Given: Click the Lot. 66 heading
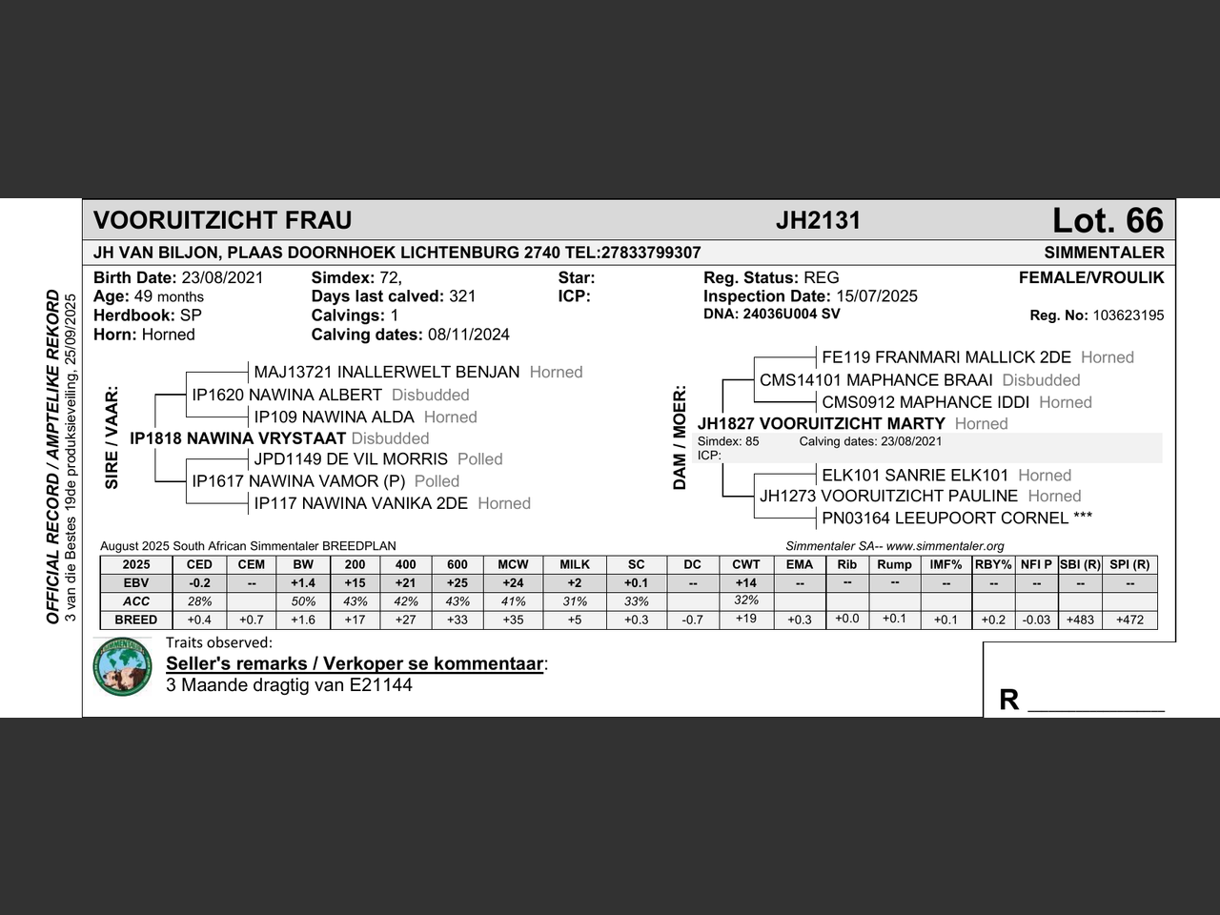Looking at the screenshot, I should pyautogui.click(x=1107, y=221).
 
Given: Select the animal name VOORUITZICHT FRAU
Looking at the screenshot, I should pyautogui.click(x=222, y=221).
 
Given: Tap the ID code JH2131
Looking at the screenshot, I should pyautogui.click(x=818, y=221).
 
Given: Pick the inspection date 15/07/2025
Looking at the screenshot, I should pyautogui.click(x=877, y=296).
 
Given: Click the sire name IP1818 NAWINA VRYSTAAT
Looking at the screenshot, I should pyautogui.click(x=237, y=438).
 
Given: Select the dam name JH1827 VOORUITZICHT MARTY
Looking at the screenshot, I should pyautogui.click(x=821, y=423).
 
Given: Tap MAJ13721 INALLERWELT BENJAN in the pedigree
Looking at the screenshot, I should pyautogui.click(x=386, y=372).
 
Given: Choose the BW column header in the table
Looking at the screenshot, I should pyautogui.click(x=303, y=564).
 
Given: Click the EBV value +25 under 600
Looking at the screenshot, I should pyautogui.click(x=457, y=582).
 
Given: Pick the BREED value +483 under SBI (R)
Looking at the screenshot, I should pyautogui.click(x=1080, y=620).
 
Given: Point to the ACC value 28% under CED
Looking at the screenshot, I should pyautogui.click(x=199, y=601).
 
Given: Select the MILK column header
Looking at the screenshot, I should pyautogui.click(x=575, y=564).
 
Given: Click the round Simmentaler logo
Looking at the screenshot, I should pyautogui.click(x=123, y=666).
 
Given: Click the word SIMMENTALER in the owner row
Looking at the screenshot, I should pyautogui.click(x=1104, y=253).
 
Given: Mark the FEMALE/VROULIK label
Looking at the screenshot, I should pyautogui.click(x=1090, y=278).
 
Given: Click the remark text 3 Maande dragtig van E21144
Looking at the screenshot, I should pyautogui.click(x=289, y=685).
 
